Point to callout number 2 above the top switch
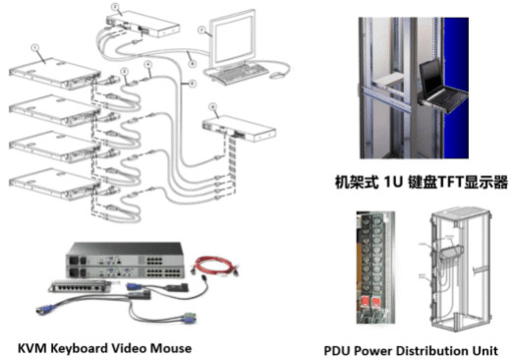115,7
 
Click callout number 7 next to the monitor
201,30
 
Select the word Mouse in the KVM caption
171,347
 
